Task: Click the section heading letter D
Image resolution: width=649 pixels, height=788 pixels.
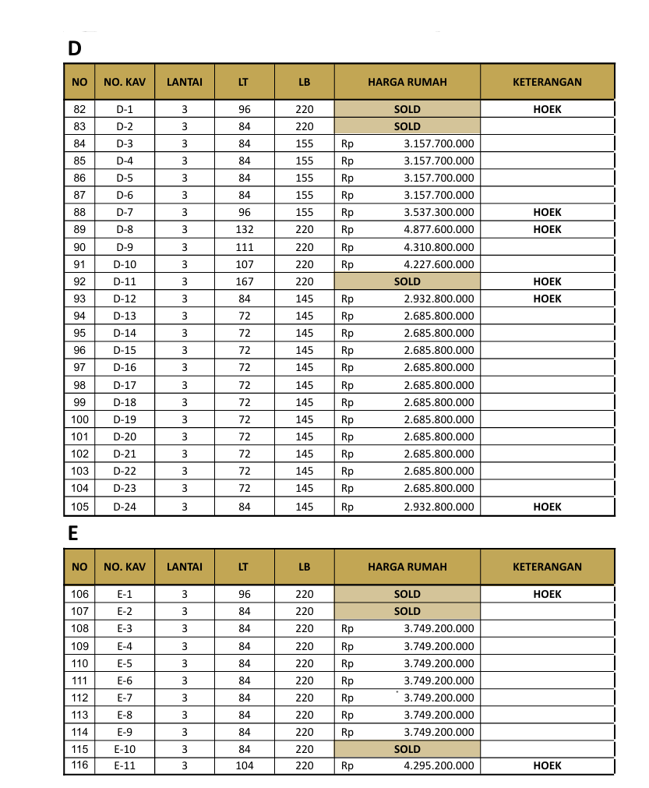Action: tap(75, 48)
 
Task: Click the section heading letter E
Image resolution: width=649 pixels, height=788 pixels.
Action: tap(73, 533)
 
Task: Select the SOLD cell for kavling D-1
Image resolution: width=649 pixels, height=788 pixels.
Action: tap(407, 109)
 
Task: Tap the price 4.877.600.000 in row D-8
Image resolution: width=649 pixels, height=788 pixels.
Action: tap(439, 230)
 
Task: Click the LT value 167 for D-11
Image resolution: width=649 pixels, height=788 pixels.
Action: tap(245, 281)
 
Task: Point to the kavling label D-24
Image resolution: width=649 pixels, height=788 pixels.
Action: tap(125, 507)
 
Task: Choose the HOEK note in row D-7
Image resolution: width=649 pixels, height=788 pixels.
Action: tap(547, 213)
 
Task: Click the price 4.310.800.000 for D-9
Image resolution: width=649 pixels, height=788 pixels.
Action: tap(439, 247)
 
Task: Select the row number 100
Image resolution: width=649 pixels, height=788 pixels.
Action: tap(79, 419)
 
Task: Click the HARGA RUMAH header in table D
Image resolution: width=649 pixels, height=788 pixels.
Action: tap(407, 82)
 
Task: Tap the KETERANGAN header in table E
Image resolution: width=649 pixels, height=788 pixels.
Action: tap(547, 567)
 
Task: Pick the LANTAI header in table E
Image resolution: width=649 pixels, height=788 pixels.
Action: tap(185, 567)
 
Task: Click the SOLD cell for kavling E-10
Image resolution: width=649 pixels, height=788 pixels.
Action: tap(407, 749)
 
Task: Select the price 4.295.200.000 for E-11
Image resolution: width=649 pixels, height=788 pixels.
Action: tap(439, 766)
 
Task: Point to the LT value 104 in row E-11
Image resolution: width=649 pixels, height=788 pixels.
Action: tap(245, 766)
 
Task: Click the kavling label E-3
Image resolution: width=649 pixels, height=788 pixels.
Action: tap(125, 628)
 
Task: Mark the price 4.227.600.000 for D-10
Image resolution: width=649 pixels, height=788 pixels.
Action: tap(439, 264)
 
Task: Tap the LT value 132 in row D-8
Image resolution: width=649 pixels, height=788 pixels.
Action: tap(245, 230)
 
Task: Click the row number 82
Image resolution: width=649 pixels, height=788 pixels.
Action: tap(79, 109)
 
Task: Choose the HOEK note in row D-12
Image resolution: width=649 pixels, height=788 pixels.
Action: tap(547, 299)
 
